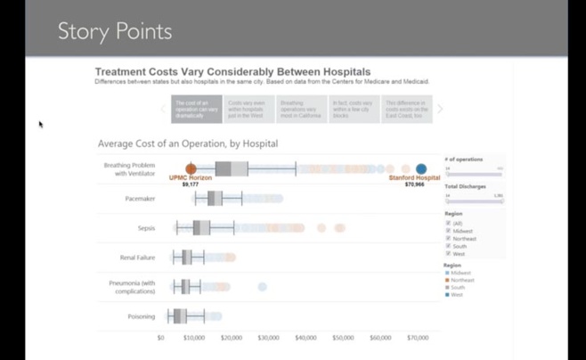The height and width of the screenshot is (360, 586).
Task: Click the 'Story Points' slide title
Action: (x=115, y=32)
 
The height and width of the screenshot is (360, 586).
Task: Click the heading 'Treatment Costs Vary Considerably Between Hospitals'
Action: (x=232, y=71)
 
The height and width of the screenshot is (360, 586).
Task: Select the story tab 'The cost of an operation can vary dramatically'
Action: (x=197, y=110)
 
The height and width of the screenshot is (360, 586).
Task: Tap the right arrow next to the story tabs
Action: (x=440, y=110)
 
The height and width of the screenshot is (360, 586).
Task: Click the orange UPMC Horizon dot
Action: (x=191, y=168)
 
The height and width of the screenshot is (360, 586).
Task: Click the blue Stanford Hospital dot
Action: (x=421, y=168)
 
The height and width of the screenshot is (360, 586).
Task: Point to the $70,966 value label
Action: (x=414, y=184)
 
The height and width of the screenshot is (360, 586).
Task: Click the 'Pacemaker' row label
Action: (x=140, y=199)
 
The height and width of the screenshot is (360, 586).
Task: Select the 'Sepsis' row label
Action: (x=145, y=228)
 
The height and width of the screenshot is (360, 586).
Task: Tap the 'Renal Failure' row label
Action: (x=137, y=258)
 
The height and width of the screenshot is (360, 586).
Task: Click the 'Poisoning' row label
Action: (x=142, y=316)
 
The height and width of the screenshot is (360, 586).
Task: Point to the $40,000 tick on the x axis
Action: (x=305, y=339)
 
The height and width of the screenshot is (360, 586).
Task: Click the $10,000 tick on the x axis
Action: (x=194, y=339)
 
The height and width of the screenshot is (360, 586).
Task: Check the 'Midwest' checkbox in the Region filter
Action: (x=448, y=231)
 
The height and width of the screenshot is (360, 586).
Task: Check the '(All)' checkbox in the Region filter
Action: (x=448, y=223)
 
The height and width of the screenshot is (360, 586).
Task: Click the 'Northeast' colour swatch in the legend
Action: (x=447, y=280)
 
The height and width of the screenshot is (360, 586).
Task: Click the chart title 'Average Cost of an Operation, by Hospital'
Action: (x=187, y=143)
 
